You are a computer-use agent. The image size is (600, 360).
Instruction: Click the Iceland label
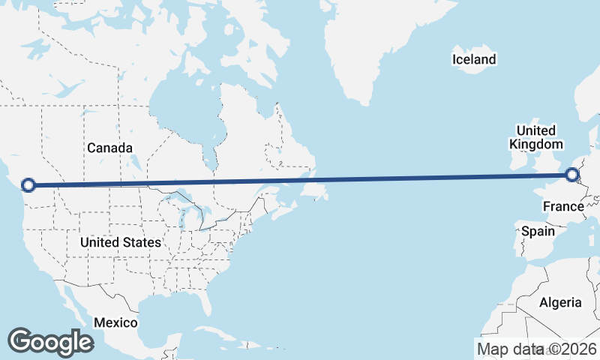(x=474, y=59)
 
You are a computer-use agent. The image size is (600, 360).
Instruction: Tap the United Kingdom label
(x=535, y=137)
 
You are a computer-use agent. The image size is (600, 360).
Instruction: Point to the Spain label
(x=538, y=231)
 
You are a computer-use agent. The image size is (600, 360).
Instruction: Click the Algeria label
(x=561, y=302)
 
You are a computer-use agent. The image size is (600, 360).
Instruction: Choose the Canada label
(x=109, y=148)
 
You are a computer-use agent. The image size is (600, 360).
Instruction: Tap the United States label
(x=120, y=242)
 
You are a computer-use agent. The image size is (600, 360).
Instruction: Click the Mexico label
(x=115, y=322)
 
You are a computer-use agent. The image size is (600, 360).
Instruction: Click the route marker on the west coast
(x=28, y=184)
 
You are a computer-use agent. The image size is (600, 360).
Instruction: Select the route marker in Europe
(x=572, y=175)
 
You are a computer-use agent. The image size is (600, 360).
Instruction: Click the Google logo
(x=50, y=341)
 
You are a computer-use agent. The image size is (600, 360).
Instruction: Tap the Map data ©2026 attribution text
(x=536, y=349)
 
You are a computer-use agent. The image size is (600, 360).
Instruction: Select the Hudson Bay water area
(x=180, y=112)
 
